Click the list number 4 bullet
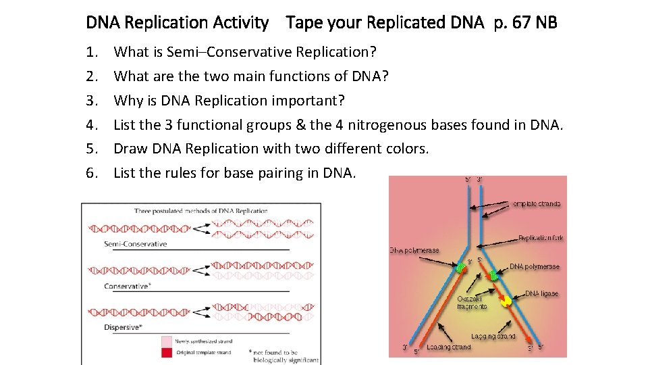(92, 125)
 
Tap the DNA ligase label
(542, 294)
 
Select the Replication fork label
(541, 238)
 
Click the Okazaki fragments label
(472, 303)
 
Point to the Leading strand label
(448, 347)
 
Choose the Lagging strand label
(493, 336)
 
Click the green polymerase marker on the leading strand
(460, 268)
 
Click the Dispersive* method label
(123, 328)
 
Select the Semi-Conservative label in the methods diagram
(135, 244)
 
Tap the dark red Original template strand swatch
(167, 352)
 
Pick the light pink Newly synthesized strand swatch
(167, 341)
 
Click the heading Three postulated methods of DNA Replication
(200, 211)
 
